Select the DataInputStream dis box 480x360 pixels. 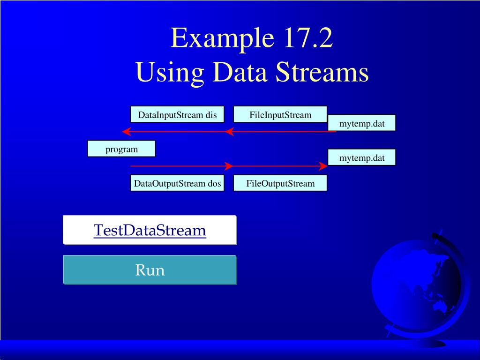pyautogui.click(x=177, y=115)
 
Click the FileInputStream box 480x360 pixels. pyautogui.click(x=280, y=115)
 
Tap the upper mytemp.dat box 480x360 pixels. pyautogui.click(x=362, y=123)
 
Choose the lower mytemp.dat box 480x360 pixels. pyautogui.click(x=362, y=158)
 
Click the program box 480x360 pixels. pyautogui.click(x=121, y=149)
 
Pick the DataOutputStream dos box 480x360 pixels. pyautogui.click(x=177, y=183)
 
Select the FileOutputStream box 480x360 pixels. pyautogui.click(x=280, y=183)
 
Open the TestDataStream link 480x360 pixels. pyautogui.click(x=150, y=230)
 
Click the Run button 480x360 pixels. pyautogui.click(x=150, y=270)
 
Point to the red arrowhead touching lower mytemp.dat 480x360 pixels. pyautogui.click(x=323, y=166)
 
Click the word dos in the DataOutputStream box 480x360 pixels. pyautogui.click(x=214, y=183)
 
